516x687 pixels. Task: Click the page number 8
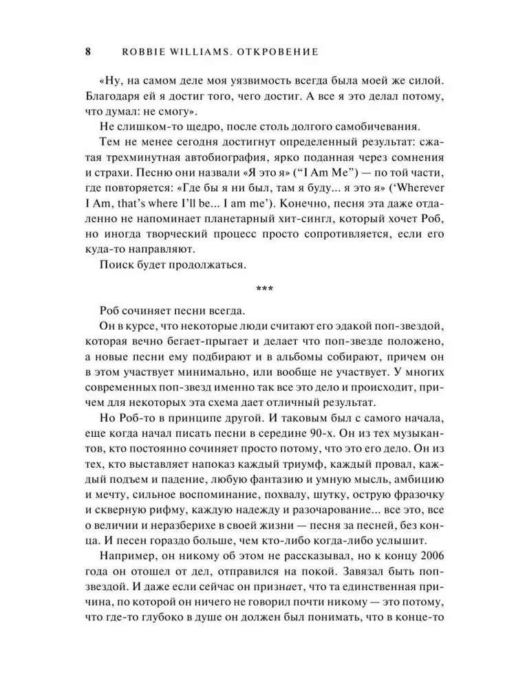pos(87,52)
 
